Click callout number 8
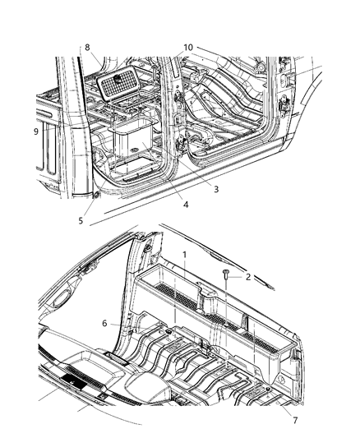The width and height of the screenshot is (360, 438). (x=87, y=48)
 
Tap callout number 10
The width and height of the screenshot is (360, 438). (x=188, y=48)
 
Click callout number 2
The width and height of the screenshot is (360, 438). (x=247, y=278)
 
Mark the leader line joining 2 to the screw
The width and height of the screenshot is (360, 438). (x=235, y=277)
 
